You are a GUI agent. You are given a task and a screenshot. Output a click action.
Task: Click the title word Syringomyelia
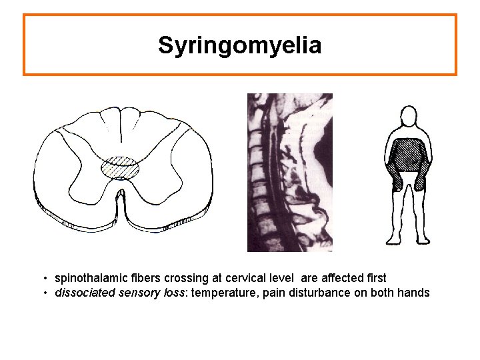240,45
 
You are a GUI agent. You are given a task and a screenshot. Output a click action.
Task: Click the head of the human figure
408,120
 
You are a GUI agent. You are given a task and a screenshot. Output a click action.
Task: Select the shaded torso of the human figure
408,155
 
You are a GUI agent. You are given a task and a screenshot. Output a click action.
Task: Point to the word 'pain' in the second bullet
271,293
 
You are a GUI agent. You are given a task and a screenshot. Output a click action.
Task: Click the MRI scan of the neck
289,172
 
